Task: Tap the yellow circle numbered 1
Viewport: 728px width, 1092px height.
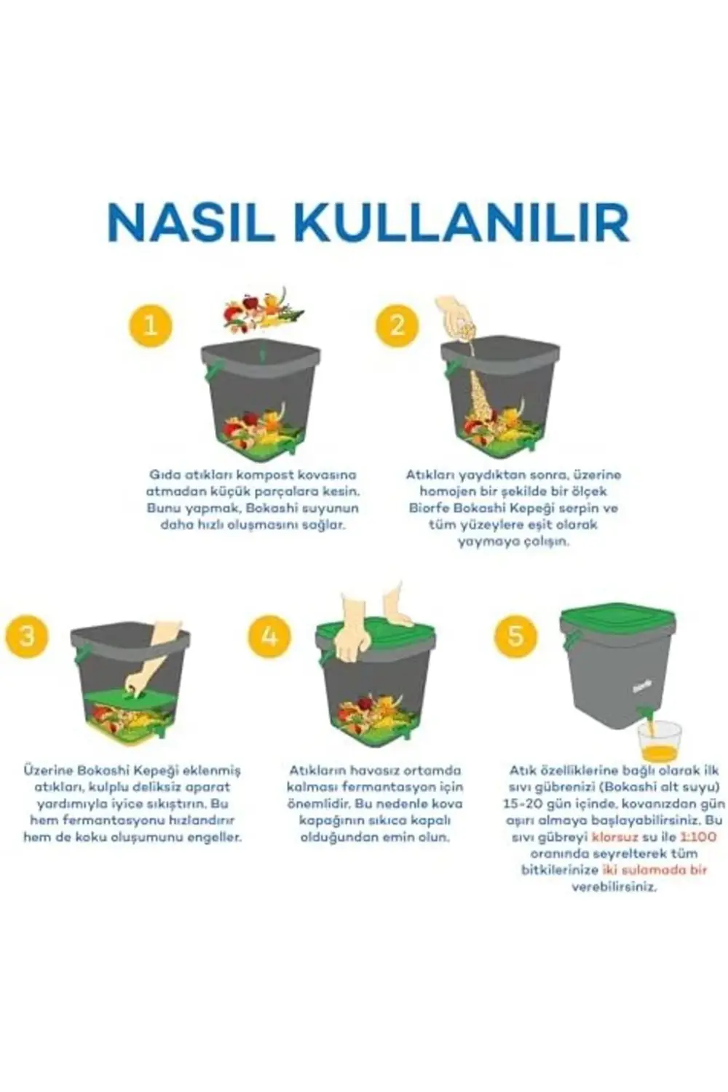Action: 151,325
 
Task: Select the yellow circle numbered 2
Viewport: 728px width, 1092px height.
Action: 397,325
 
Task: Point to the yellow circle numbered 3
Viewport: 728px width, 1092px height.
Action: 26,636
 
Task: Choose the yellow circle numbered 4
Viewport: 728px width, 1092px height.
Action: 269,636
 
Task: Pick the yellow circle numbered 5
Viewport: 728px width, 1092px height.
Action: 515,636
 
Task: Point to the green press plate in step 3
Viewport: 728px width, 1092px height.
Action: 131,701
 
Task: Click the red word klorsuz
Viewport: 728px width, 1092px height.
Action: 616,837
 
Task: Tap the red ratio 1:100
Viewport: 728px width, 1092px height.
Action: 697,837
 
